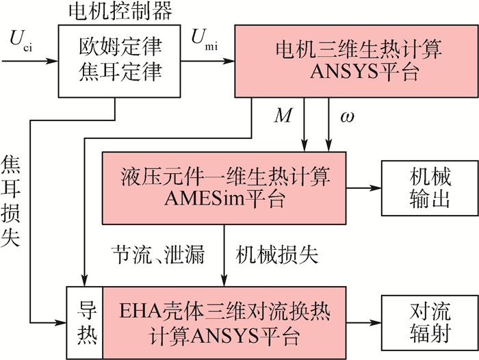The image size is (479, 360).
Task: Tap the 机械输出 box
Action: point(417,186)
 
